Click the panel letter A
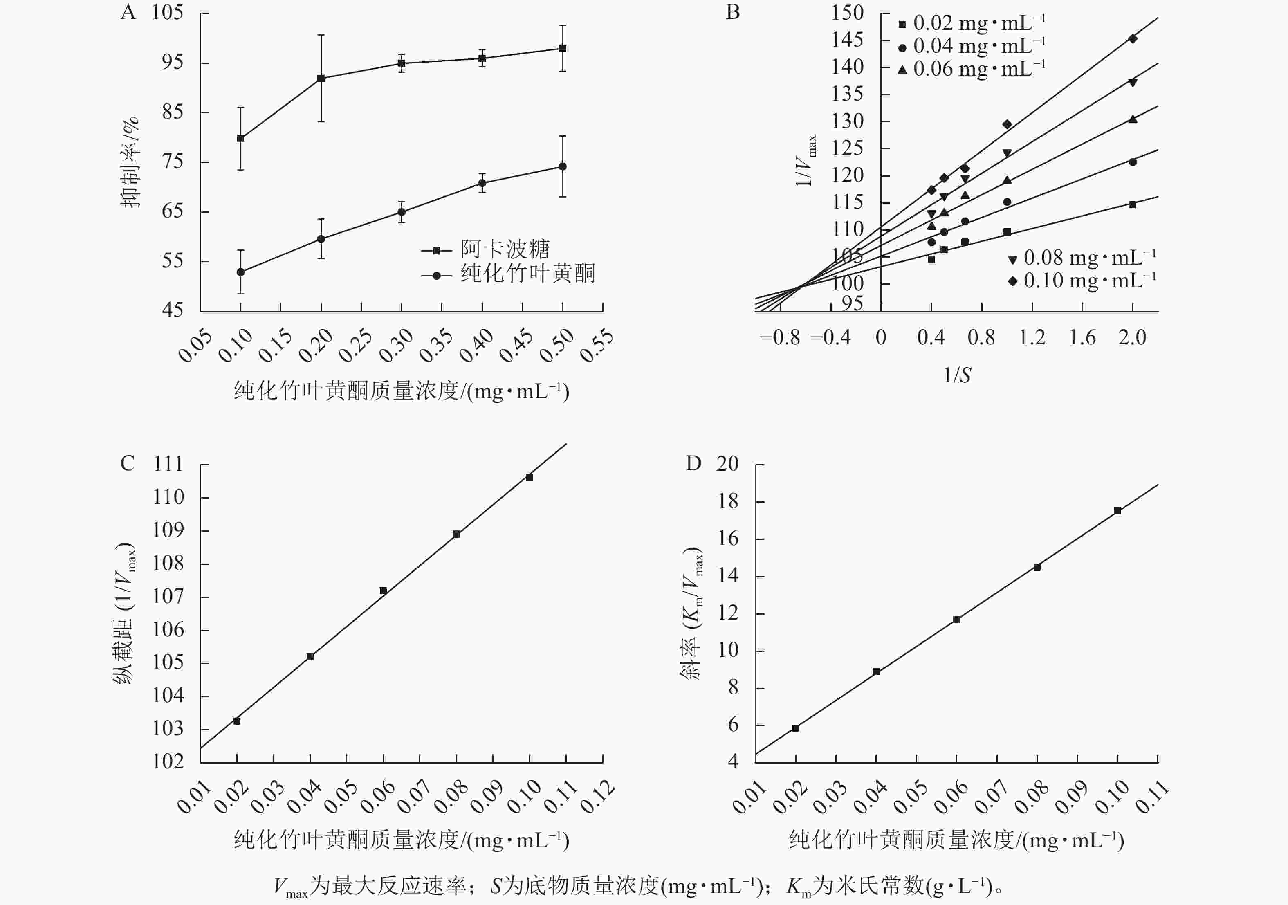[128, 12]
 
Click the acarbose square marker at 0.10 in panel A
[241, 138]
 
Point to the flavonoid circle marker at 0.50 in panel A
[563, 166]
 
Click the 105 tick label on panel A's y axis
[167, 12]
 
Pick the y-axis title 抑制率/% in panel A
[130, 163]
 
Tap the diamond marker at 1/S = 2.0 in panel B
[1133, 39]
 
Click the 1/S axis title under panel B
[957, 375]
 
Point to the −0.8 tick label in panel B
[780, 338]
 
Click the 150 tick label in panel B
[847, 12]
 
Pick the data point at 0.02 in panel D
[795, 728]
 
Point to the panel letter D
[693, 463]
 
